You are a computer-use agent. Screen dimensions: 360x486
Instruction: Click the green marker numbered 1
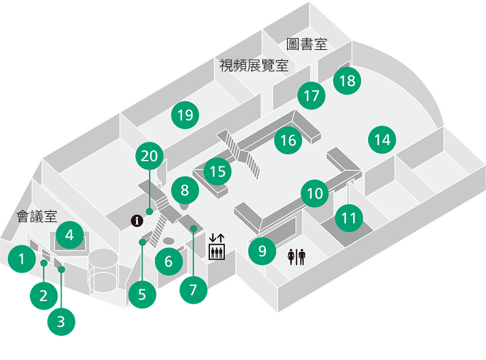coord(21,260)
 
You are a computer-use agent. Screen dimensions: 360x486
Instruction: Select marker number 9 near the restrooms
coord(262,251)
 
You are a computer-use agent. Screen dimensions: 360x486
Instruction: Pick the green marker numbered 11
coord(349,218)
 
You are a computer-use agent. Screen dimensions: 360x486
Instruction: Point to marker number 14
coord(382,139)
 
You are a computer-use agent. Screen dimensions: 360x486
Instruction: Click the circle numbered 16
coord(288,140)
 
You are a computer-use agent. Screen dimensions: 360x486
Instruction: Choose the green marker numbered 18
coord(347,80)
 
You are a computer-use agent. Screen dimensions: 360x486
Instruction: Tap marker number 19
coord(185,115)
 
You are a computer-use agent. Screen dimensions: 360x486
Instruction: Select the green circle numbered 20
coord(150,156)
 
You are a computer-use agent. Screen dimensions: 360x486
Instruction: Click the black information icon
coord(137,221)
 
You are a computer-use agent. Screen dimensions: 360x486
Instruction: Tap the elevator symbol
coord(216,246)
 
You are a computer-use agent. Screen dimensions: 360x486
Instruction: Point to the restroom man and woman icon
coord(296,257)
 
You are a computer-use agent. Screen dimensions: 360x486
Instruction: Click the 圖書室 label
coord(307,45)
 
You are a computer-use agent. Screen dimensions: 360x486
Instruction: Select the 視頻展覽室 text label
coord(253,65)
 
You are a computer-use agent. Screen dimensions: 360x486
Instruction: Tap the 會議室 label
coord(38,217)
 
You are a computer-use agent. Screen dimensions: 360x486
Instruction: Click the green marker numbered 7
coord(193,289)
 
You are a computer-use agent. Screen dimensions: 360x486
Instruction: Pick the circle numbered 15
coord(218,172)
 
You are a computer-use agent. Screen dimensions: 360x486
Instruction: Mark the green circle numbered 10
coord(315,193)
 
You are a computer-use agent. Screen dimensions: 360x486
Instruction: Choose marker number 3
coord(61,322)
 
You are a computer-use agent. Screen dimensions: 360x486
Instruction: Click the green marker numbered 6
coord(168,262)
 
